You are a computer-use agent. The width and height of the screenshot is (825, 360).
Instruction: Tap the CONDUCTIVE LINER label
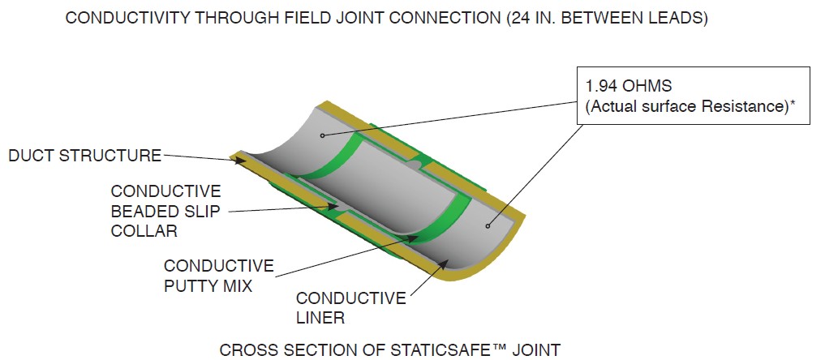(350, 308)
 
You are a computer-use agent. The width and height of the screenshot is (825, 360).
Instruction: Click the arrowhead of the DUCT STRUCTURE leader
(243, 161)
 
